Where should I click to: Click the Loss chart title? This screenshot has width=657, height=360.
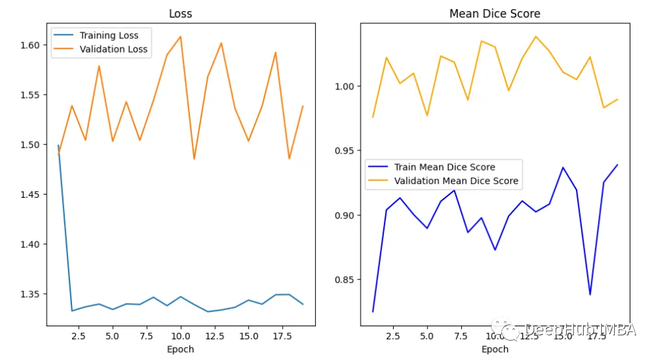point(180,14)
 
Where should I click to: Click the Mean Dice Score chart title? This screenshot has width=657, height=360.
point(495,14)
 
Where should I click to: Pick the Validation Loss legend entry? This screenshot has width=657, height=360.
point(113,49)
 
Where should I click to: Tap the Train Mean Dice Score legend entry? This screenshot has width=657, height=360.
point(444,167)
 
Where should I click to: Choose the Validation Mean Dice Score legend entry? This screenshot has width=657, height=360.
point(456,181)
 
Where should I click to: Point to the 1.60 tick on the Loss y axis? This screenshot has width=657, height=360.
point(30,45)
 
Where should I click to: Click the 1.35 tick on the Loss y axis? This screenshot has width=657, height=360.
point(30,294)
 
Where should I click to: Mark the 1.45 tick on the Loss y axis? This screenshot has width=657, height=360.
point(30,195)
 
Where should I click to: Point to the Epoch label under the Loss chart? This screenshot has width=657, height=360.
point(180,350)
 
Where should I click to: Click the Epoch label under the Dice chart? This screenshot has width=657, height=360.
point(495,350)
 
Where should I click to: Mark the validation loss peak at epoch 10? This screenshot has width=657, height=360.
point(180,36)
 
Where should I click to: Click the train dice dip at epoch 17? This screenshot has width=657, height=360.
point(590,294)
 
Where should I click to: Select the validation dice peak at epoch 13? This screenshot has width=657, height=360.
point(536,36)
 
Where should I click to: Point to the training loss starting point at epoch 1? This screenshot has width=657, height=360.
point(58,145)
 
